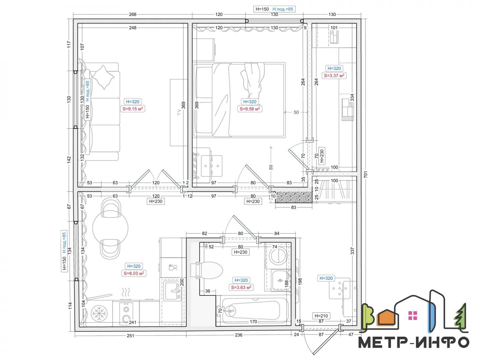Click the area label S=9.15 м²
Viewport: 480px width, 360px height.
pyautogui.click(x=133, y=109)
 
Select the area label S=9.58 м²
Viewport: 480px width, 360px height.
pyautogui.click(x=250, y=109)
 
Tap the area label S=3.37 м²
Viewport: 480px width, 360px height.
pyautogui.click(x=334, y=75)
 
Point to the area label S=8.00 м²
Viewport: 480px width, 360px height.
pyautogui.click(x=134, y=273)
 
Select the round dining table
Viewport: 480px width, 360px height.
pyautogui.click(x=110, y=228)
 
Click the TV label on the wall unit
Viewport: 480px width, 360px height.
pyautogui.click(x=179, y=112)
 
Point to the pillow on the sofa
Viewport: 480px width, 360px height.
pyautogui.click(x=103, y=77)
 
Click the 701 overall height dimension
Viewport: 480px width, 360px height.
pyautogui.click(x=366, y=174)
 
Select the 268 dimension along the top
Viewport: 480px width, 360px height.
pyautogui.click(x=133, y=14)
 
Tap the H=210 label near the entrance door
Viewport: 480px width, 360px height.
pyautogui.click(x=321, y=316)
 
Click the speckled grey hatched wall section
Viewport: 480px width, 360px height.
pyautogui.click(x=293, y=197)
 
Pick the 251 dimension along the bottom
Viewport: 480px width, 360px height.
pyautogui.click(x=130, y=336)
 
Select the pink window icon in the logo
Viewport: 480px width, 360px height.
pyautogui.click(x=413, y=315)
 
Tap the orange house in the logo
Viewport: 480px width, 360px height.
pyautogui.click(x=387, y=317)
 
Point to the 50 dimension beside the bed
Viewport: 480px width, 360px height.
pyautogui.click(x=296, y=112)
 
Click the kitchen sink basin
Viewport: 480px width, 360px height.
pyautogui.click(x=172, y=291)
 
